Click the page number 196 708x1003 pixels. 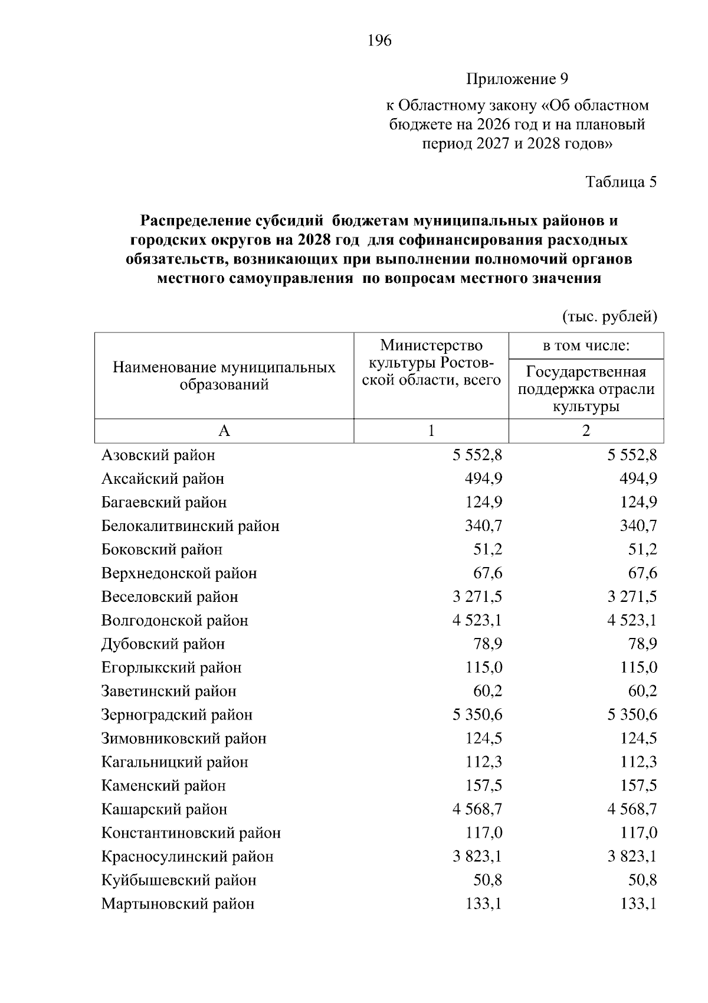click(x=379, y=41)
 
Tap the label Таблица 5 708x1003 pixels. click(x=621, y=182)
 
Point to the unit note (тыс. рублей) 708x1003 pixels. click(x=609, y=317)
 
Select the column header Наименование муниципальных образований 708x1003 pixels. click(x=224, y=376)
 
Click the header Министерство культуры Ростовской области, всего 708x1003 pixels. click(x=431, y=362)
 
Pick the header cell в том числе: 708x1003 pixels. click(x=586, y=346)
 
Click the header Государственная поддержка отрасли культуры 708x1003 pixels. click(x=586, y=389)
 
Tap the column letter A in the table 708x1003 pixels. click(x=224, y=431)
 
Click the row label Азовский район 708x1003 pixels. click(x=158, y=455)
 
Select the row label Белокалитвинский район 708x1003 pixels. click(x=190, y=526)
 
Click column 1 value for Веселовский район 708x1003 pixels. click(x=477, y=597)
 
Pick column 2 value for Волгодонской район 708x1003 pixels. click(x=632, y=621)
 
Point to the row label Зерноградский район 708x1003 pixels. click(x=176, y=715)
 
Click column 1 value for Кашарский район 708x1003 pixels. click(x=477, y=810)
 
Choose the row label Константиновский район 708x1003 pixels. click(x=191, y=833)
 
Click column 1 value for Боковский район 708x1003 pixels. click(x=488, y=550)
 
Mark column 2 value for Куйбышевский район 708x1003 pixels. click(x=643, y=881)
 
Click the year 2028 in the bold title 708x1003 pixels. click(x=313, y=240)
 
